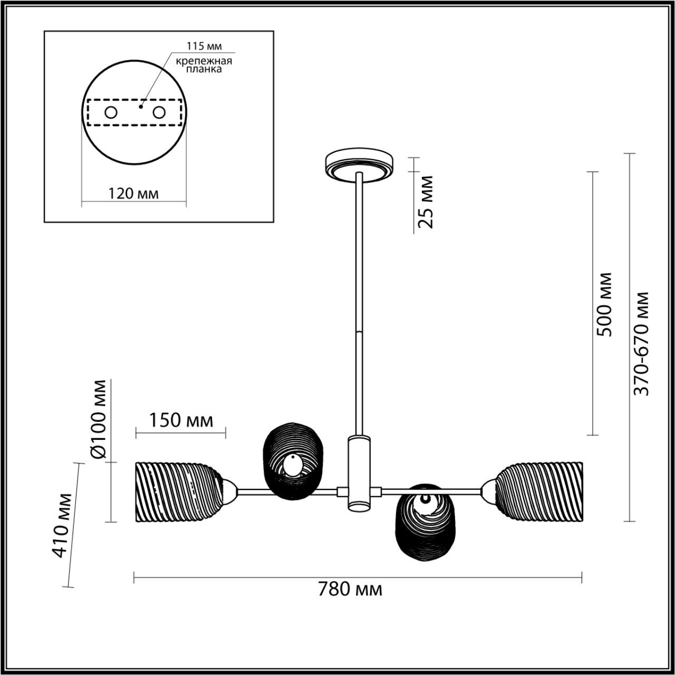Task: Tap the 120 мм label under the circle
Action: point(133,194)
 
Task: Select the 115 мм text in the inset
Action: point(205,46)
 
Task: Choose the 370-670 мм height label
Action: point(642,343)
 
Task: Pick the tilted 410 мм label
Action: point(64,525)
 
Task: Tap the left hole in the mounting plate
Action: point(111,112)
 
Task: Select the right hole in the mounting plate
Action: point(159,112)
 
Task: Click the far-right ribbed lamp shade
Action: point(541,491)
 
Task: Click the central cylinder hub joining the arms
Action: point(359,474)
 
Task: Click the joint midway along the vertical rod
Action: point(359,332)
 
